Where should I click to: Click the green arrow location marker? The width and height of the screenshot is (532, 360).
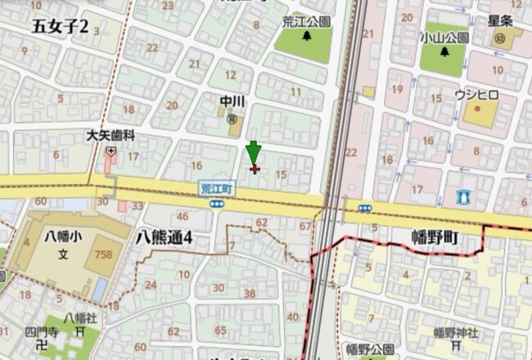pos(254,152)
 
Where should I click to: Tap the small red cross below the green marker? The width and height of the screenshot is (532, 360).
pos(254,169)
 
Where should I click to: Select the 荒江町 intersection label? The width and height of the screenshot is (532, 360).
pos(218,188)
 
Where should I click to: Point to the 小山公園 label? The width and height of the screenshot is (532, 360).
pos(445,38)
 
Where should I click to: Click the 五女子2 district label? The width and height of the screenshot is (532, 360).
pos(60,27)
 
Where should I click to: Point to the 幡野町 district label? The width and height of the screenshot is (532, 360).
pos(435,239)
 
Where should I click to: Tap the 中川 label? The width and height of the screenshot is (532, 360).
pos(232,102)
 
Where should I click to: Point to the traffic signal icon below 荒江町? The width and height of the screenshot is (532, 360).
pos(217,204)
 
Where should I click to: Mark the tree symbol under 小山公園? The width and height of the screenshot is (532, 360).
pos(445,52)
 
